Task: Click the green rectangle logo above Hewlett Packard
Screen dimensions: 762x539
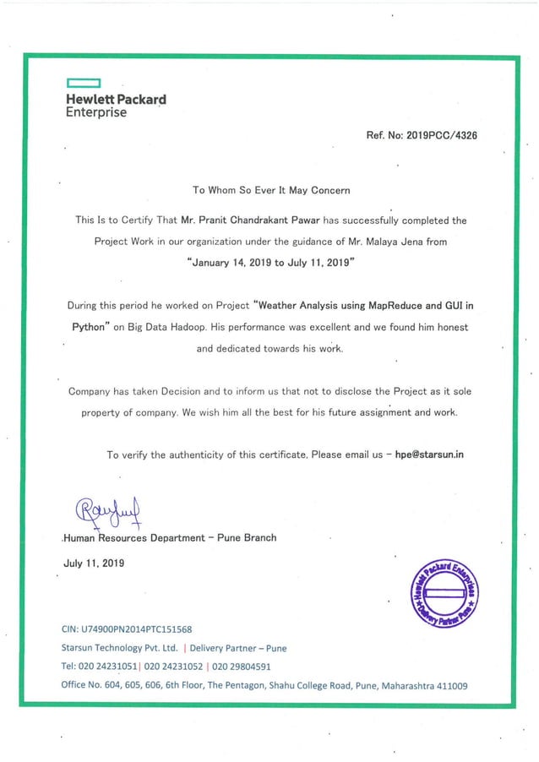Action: tap(84, 84)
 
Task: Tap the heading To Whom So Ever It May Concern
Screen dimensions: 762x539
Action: tap(271, 190)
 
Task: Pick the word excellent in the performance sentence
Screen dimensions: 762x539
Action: tap(329, 326)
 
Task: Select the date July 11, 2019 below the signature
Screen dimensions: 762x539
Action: tap(95, 563)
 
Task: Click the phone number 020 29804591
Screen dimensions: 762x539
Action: tap(238, 667)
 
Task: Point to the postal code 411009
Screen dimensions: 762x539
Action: tap(448, 686)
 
